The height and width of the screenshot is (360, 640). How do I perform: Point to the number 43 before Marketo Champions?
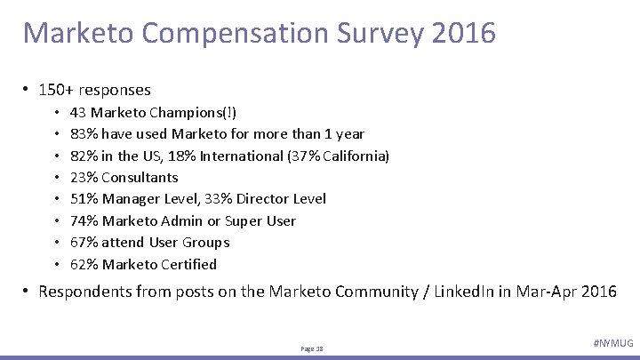tap(77, 113)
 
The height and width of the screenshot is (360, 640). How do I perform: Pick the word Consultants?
tap(140, 177)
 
